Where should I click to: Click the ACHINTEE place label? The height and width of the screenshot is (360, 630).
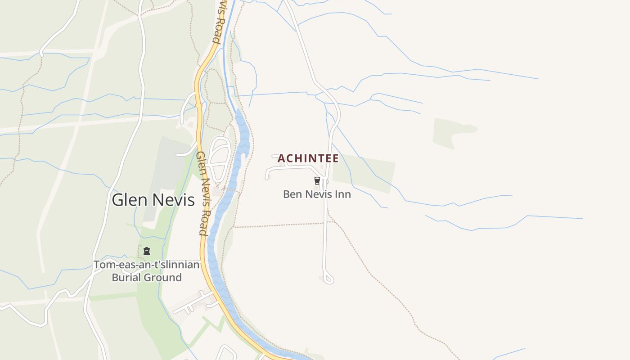(x=308, y=158)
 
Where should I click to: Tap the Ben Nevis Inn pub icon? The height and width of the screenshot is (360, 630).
(x=317, y=181)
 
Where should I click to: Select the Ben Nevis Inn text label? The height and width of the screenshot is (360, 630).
(x=317, y=194)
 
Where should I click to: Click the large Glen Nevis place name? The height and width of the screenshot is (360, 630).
(x=153, y=200)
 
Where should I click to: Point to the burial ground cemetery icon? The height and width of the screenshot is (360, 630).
(x=147, y=251)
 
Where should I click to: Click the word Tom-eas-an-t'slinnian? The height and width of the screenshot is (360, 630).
(x=146, y=265)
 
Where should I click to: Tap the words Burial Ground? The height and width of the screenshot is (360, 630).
(x=147, y=277)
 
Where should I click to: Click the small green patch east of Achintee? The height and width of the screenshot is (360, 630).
(x=364, y=173)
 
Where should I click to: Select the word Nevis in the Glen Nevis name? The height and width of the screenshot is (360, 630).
(x=174, y=200)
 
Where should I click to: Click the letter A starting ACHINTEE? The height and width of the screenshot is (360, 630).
(x=281, y=158)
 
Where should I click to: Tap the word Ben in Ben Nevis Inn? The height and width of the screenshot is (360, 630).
(x=292, y=194)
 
